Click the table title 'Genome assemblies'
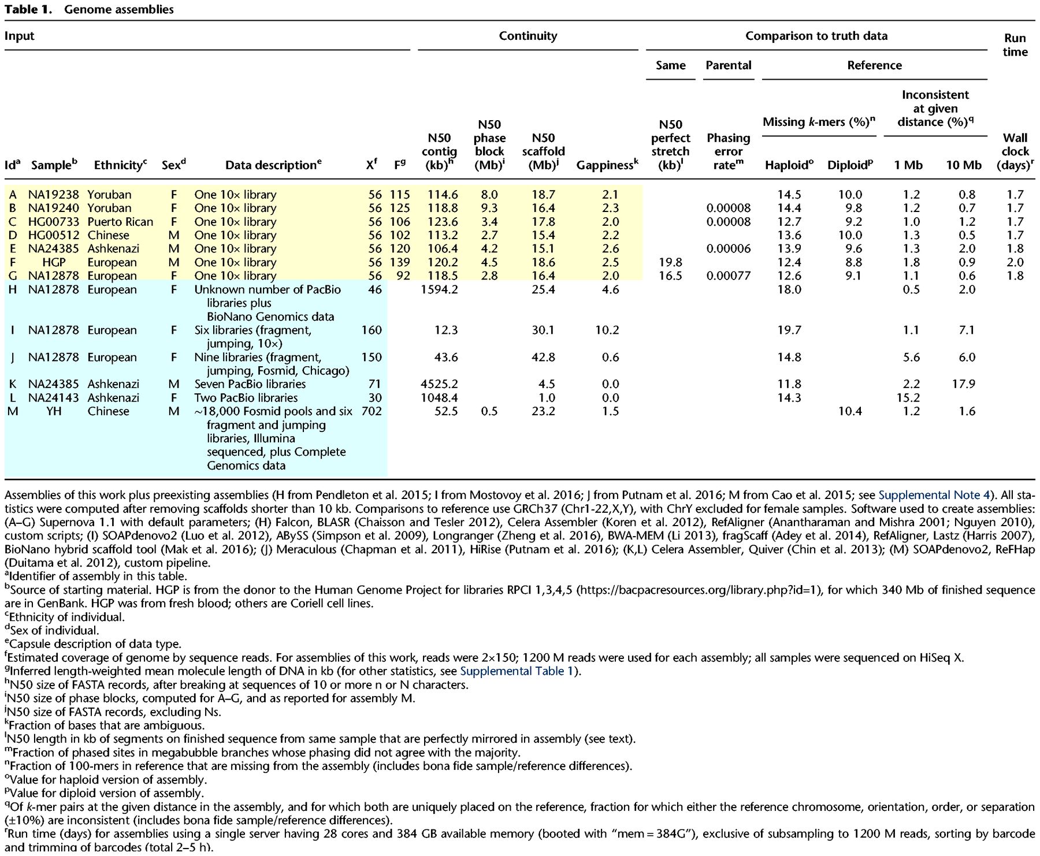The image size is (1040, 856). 118,9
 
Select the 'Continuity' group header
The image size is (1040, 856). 528,36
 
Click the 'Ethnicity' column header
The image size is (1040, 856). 120,165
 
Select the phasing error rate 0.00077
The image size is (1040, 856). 728,276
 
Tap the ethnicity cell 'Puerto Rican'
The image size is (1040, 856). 120,222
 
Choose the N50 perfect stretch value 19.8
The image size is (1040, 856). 670,262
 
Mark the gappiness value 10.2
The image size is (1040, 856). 607,330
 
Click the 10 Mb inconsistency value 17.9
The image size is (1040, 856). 963,384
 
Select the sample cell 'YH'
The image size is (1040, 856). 53,411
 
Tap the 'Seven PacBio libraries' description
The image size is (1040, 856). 250,384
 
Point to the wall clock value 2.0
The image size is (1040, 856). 1015,262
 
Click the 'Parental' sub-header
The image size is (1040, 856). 728,65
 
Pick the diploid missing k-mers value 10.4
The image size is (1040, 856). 849,411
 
